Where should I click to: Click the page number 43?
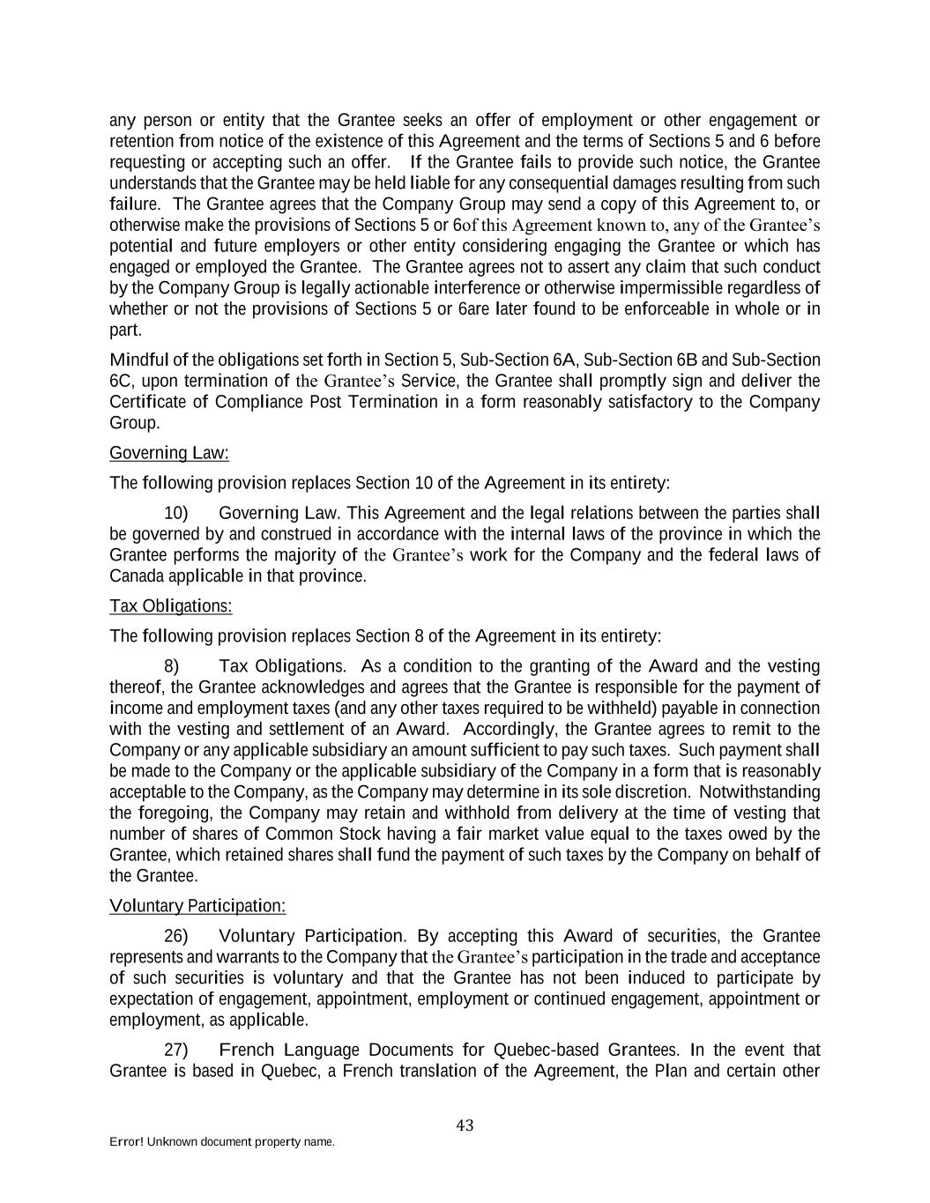tap(465, 1125)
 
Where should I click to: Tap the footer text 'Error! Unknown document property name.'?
tap(221, 1142)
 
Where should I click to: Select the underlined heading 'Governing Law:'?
tap(169, 453)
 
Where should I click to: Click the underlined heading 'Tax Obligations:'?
tap(171, 606)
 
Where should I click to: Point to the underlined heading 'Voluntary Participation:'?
tap(197, 906)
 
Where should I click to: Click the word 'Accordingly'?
tap(509, 730)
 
